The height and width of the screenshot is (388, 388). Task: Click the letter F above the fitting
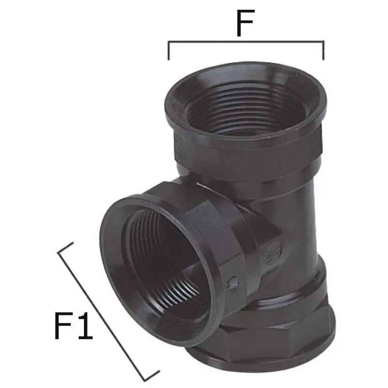tap(245, 23)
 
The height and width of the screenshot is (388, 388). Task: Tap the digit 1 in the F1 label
tap(86, 325)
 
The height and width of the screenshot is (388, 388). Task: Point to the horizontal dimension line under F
tap(246, 42)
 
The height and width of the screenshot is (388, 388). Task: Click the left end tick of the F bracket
tap(169, 50)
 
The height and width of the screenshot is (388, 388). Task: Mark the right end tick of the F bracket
tap(323, 50)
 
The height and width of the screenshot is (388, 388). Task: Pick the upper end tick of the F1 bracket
tap(65, 247)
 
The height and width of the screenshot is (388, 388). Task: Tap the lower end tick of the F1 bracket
tap(152, 375)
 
